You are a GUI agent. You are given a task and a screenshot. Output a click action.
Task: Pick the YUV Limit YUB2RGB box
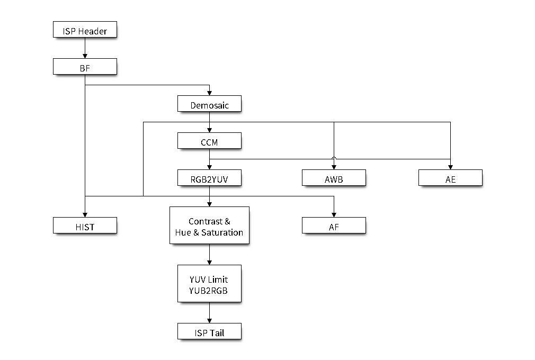[x=209, y=284]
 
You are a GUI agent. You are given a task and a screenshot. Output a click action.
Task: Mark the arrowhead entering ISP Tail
[x=209, y=321]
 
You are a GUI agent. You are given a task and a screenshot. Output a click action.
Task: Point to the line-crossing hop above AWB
[x=334, y=158]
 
